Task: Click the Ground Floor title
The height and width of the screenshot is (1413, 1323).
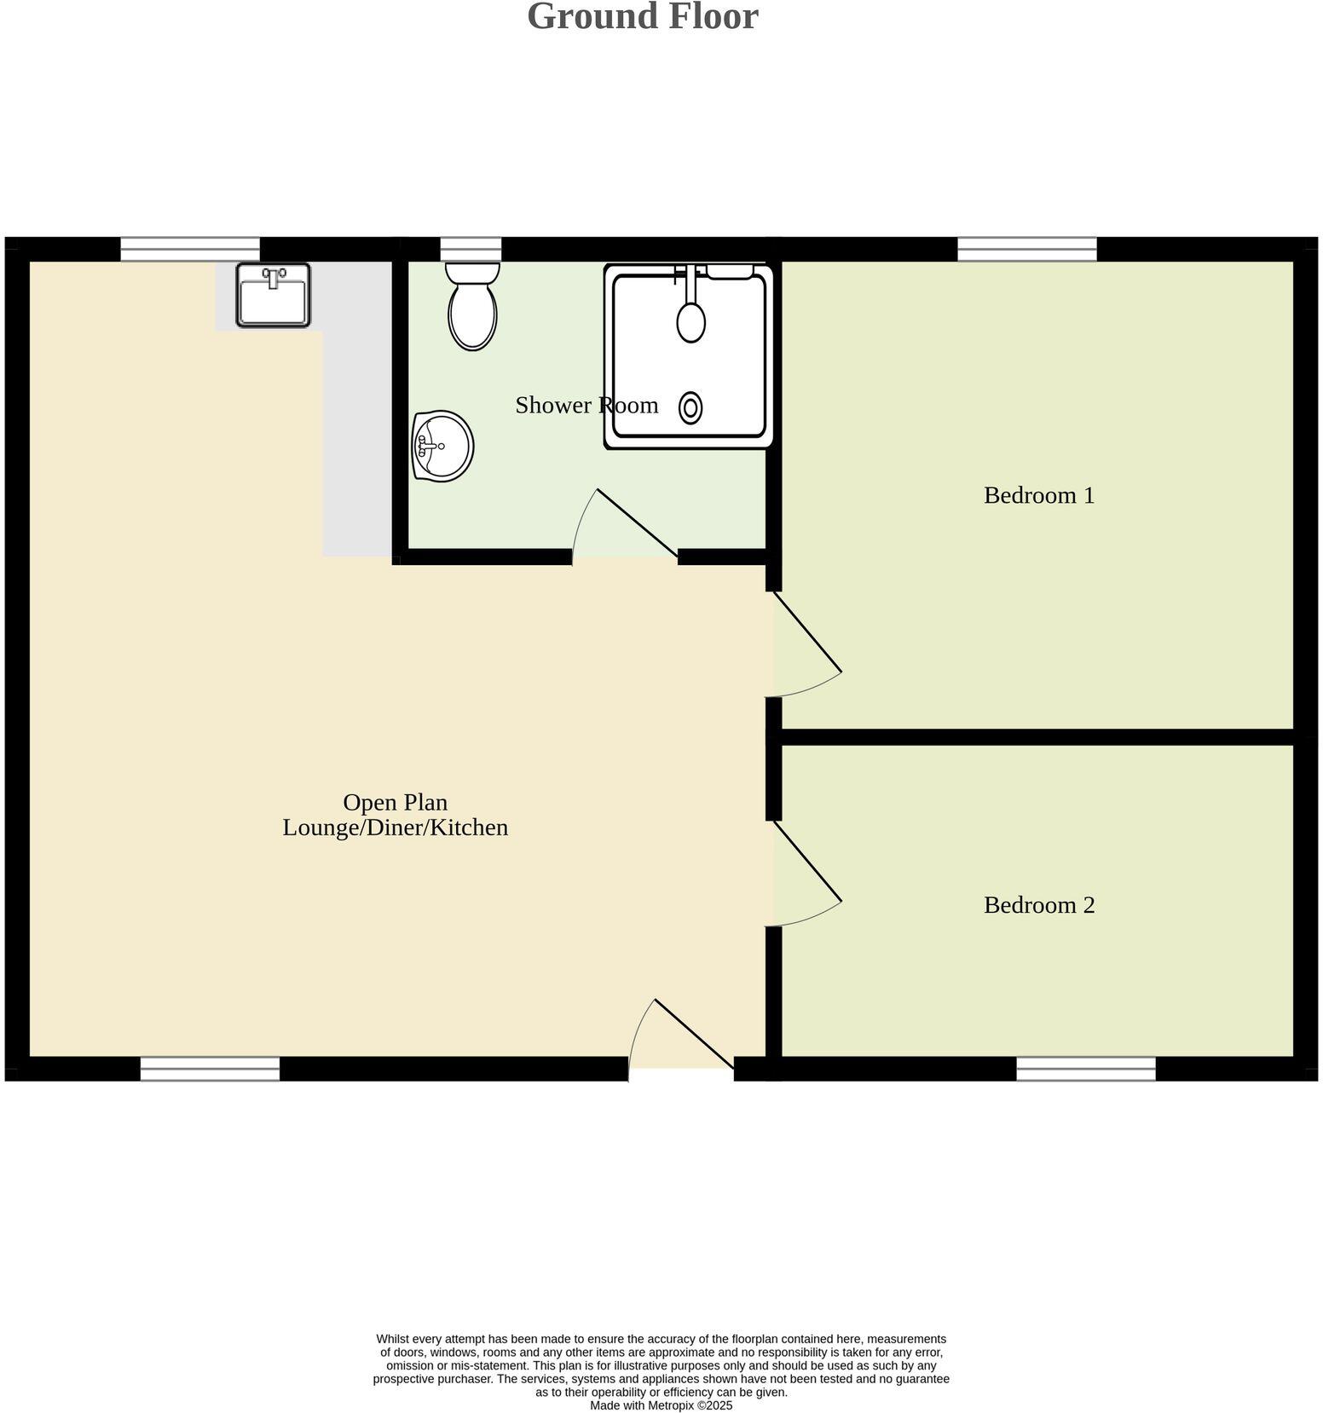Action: [x=642, y=17]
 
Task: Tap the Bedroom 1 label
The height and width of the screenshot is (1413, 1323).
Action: [x=1038, y=495]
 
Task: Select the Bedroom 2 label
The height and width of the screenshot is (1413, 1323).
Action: [x=1038, y=904]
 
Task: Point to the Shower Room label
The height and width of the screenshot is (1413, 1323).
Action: [x=586, y=405]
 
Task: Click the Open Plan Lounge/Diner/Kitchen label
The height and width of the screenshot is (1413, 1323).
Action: [x=395, y=815]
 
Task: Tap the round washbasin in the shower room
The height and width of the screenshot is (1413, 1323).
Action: [x=442, y=446]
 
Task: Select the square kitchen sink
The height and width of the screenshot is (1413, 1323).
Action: [x=273, y=295]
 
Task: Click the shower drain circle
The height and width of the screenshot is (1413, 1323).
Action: [x=690, y=408]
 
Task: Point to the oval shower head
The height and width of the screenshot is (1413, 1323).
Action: [x=690, y=320]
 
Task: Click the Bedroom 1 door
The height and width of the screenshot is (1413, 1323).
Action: [x=806, y=635]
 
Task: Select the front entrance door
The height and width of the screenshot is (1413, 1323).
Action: [x=692, y=1033]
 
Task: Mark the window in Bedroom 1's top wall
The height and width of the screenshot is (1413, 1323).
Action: [x=1026, y=249]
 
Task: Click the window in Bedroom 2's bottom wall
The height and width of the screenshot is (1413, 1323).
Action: [x=1085, y=1069]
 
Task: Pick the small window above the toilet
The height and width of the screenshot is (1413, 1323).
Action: [x=471, y=249]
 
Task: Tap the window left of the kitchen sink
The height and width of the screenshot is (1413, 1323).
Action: [x=189, y=249]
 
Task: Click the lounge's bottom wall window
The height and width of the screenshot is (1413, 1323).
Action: [x=210, y=1069]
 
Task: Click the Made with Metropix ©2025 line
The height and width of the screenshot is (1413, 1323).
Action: [x=661, y=1405]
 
